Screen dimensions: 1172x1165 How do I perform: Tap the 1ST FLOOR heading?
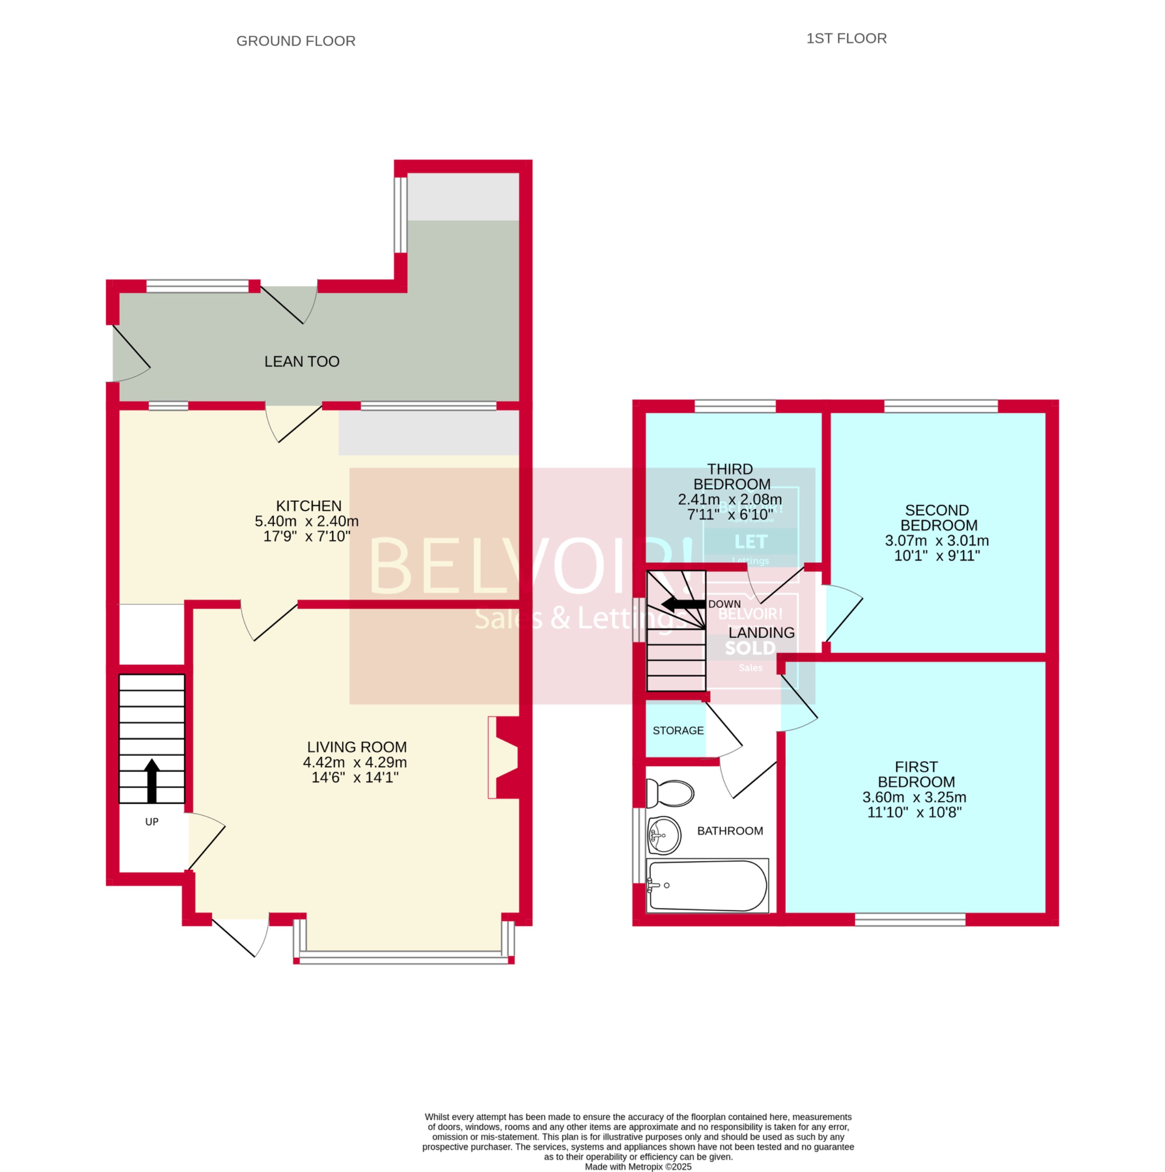click(846, 38)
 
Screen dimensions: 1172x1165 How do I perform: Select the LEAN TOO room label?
click(301, 361)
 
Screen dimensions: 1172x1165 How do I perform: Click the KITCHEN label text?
click(309, 506)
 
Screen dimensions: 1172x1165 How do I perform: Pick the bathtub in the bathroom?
click(707, 885)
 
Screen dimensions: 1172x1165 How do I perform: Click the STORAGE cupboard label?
click(678, 730)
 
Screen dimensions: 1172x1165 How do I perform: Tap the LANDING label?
click(761, 632)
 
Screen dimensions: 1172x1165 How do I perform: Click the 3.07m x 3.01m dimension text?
click(936, 540)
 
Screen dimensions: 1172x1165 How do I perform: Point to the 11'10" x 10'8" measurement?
click(914, 812)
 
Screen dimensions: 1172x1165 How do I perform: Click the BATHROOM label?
click(730, 831)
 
